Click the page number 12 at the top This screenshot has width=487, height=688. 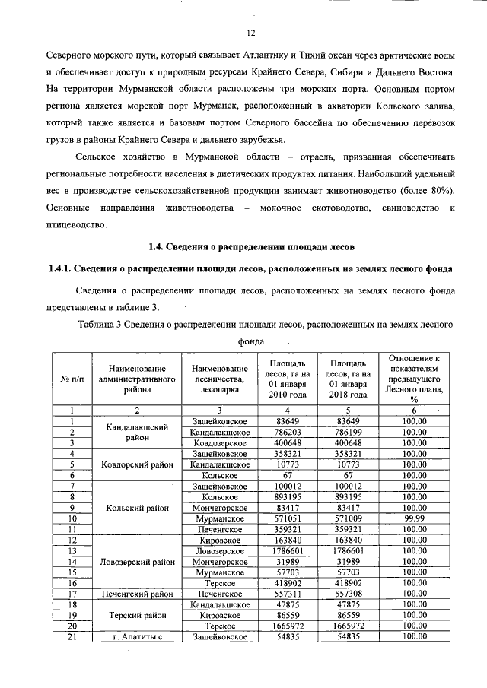pos(251,33)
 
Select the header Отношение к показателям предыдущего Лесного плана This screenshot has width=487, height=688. pos(414,379)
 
